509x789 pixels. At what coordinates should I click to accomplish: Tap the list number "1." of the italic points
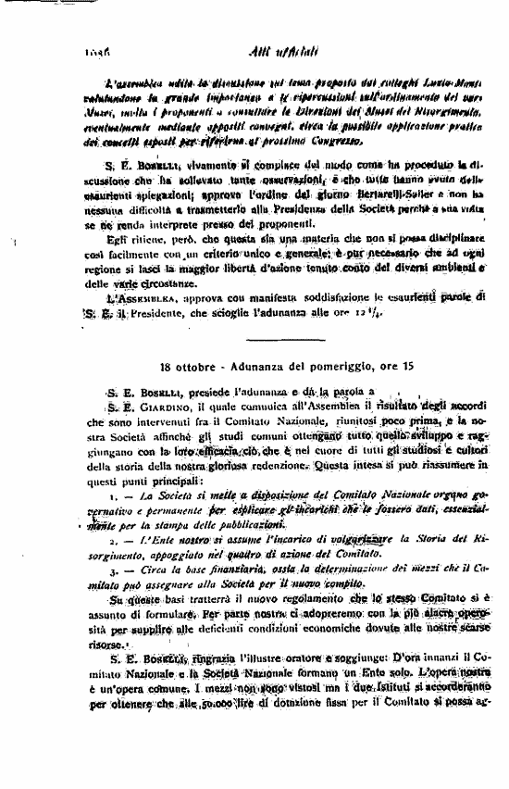pyautogui.click(x=113, y=496)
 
